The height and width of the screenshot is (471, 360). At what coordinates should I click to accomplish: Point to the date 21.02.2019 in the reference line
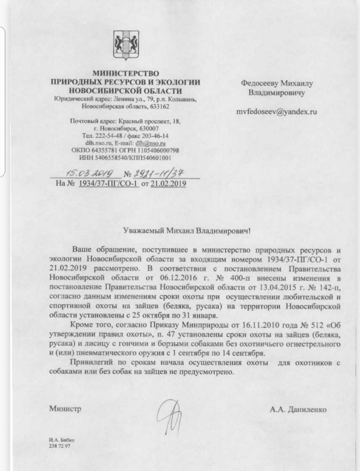(x=168, y=184)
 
